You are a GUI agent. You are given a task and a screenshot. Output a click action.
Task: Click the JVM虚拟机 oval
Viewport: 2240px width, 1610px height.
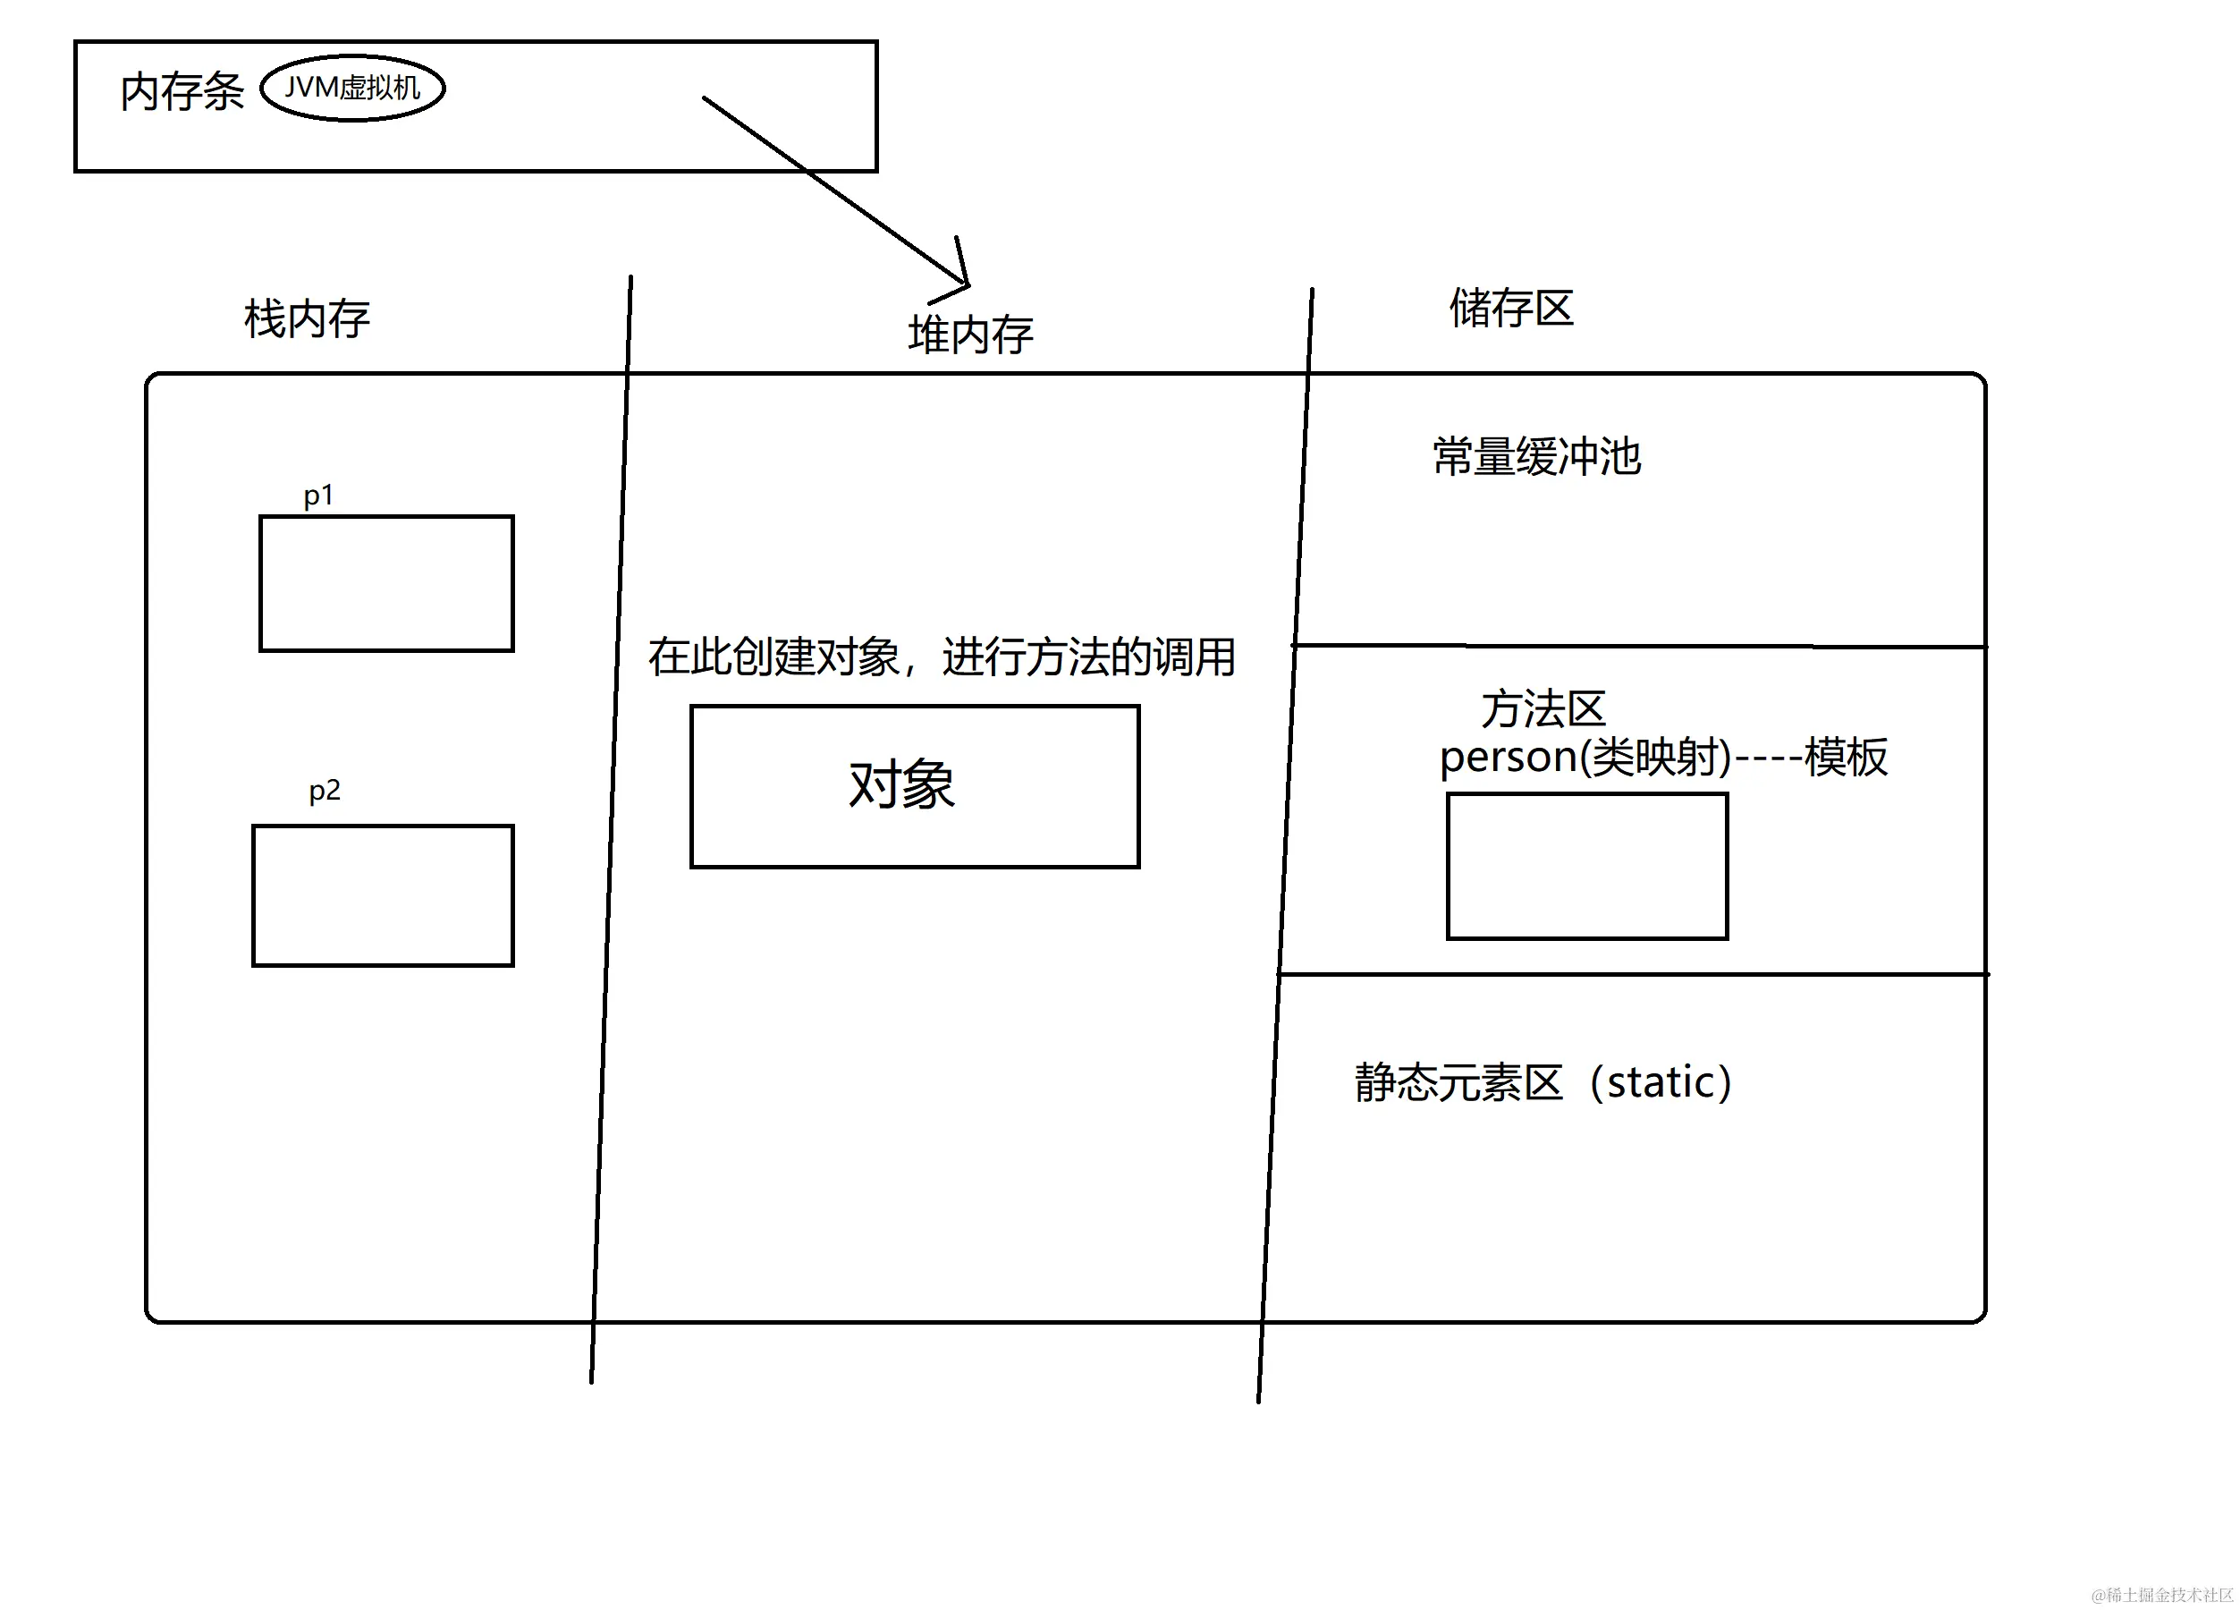pyautogui.click(x=351, y=88)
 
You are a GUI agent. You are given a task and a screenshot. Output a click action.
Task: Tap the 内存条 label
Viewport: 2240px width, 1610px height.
pyautogui.click(x=182, y=92)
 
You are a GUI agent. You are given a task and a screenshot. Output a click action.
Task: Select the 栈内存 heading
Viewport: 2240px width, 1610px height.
pyautogui.click(x=306, y=318)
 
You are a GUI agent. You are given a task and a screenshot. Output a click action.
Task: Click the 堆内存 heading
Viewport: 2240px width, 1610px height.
pyautogui.click(x=970, y=334)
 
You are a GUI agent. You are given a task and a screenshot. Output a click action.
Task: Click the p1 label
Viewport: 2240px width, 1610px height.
pyautogui.click(x=318, y=495)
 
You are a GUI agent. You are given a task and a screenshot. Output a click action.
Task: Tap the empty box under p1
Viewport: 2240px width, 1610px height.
pyautogui.click(x=386, y=583)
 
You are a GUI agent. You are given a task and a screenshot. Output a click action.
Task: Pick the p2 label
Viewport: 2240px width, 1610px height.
pyautogui.click(x=324, y=789)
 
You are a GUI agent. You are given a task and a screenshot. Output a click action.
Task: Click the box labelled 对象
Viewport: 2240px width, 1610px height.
pyautogui.click(x=914, y=786)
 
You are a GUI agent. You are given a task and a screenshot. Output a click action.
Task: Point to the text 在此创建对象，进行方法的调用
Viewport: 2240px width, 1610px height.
pyautogui.click(x=942, y=657)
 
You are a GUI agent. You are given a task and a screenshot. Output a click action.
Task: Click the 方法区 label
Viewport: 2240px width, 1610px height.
pyautogui.click(x=1543, y=708)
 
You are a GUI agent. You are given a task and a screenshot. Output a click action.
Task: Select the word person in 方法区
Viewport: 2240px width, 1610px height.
pyautogui.click(x=1507, y=758)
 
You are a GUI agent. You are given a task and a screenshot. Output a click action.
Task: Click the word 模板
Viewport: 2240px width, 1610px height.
pyautogui.click(x=1845, y=758)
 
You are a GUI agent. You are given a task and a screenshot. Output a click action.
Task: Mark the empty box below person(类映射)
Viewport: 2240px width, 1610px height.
pyautogui.click(x=1586, y=865)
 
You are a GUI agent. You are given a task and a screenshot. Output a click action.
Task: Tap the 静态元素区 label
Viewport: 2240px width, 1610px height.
pyautogui.click(x=1458, y=1082)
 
